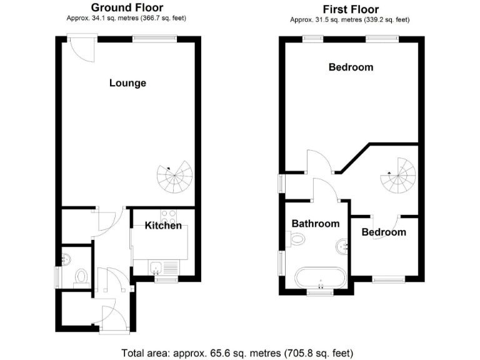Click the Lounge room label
[127, 83]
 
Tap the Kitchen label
[163, 226]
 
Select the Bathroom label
[316, 224]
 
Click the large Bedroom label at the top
[351, 67]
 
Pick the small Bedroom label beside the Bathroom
[384, 232]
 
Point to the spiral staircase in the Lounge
[176, 177]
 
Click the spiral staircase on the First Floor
[397, 176]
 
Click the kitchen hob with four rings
[167, 217]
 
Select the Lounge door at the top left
[82, 49]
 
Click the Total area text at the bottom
[240, 352]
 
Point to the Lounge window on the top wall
[154, 39]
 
